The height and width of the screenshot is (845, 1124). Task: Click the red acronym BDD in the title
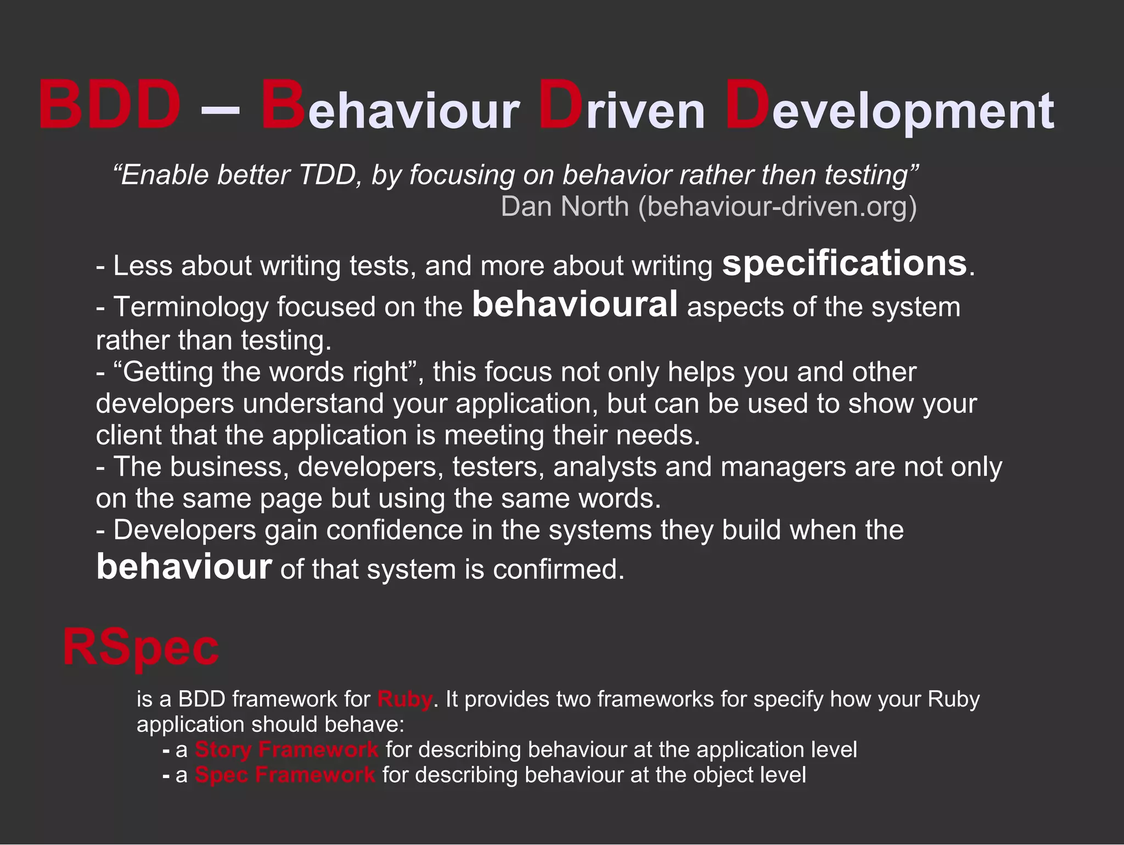(x=110, y=104)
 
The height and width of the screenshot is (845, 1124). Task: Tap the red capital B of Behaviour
(x=283, y=104)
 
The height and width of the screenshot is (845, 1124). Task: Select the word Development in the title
(x=889, y=107)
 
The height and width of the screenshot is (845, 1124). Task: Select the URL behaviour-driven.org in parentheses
(x=777, y=206)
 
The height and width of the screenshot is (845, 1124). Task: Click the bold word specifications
(x=844, y=264)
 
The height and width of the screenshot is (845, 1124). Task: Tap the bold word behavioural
(x=575, y=305)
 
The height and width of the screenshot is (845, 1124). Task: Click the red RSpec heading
(x=140, y=648)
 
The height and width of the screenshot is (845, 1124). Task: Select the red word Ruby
(x=404, y=699)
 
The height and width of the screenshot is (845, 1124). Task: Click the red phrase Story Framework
(x=286, y=749)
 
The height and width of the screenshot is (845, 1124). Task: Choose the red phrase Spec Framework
(x=285, y=775)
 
